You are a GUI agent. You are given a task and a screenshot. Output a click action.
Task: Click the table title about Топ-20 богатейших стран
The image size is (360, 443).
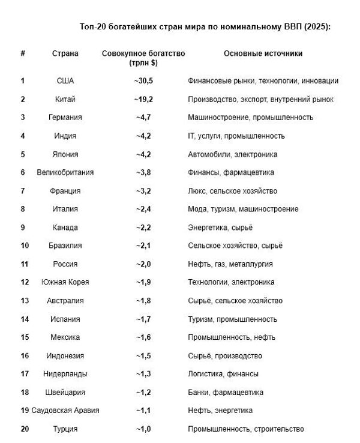pos(205,28)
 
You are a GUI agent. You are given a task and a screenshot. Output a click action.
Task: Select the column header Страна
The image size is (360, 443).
pos(65,53)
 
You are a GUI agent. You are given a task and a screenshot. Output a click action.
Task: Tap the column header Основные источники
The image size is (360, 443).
pos(263,53)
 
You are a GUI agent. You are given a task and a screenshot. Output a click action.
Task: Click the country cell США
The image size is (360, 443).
pos(65,81)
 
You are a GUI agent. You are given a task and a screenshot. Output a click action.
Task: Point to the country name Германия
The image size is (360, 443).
pos(65,118)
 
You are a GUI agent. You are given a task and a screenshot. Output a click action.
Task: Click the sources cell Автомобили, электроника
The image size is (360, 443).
pos(232,154)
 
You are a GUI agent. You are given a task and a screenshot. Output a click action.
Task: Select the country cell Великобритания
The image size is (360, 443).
pos(65,173)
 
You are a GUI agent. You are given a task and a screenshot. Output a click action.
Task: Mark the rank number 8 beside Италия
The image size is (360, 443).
pos(23,209)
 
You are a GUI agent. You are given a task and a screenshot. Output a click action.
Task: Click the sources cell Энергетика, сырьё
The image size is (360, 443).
pos(220,228)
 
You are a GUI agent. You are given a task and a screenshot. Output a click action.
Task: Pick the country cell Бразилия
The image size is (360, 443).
pos(65,246)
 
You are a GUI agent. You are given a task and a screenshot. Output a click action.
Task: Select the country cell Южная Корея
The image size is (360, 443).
pos(65,282)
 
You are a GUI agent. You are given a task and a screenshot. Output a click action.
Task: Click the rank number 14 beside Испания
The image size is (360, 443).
pos(23,319)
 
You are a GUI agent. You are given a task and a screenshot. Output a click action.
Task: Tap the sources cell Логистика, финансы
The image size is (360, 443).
pos(223,374)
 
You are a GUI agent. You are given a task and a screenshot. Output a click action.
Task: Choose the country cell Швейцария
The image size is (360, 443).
pos(65,392)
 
